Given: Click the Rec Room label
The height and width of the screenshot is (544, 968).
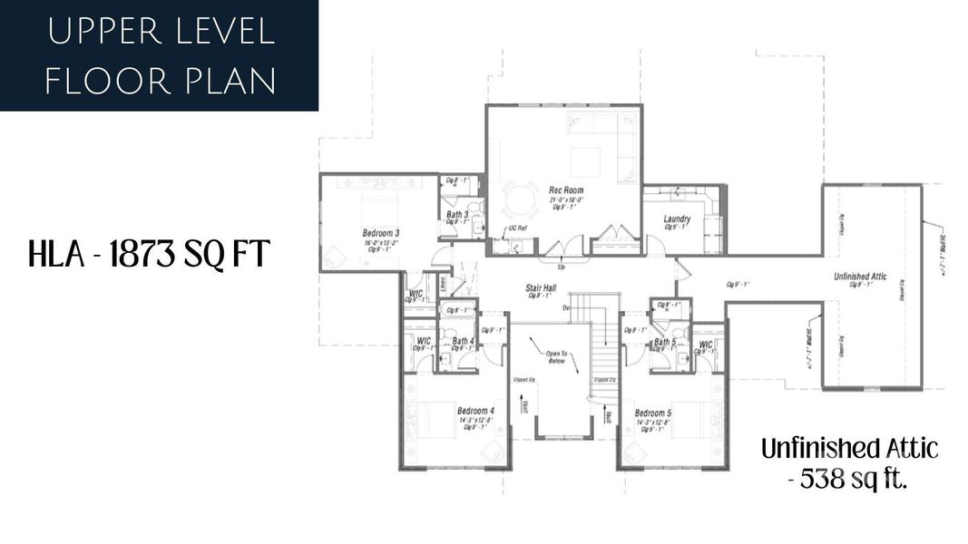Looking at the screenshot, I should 565,189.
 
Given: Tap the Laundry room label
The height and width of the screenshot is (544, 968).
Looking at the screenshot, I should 677,219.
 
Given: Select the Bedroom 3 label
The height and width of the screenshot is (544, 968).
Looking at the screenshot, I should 381,232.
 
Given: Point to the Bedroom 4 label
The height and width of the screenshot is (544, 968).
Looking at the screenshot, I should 475,411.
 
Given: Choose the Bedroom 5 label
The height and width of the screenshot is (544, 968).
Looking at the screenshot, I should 653,413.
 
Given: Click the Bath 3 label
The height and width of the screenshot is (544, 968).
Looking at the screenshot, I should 457,215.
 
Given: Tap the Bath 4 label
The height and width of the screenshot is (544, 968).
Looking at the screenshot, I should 463,342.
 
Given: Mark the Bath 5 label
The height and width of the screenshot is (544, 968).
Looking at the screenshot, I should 665,342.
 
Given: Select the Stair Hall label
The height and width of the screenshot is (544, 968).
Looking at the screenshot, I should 541,288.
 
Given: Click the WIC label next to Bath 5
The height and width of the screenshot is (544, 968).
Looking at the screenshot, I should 706,345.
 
